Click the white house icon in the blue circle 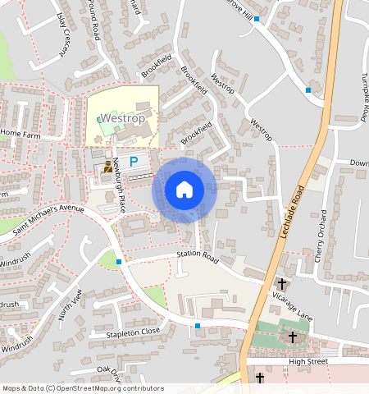coord(184,190)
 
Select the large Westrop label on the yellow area coord(122,118)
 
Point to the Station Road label coord(198,257)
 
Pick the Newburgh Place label coord(119,185)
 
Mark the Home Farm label coord(21,132)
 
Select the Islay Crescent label coord(61,33)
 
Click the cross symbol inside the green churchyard coord(293,337)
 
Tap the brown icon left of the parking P coord(108,166)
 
